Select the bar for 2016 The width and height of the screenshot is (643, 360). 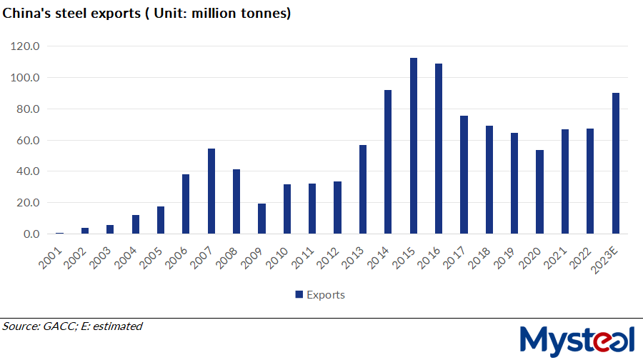coord(439,149)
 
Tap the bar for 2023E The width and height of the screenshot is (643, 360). coord(616,164)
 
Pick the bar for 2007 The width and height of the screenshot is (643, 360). coord(211,191)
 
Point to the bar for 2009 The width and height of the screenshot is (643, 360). coord(261,219)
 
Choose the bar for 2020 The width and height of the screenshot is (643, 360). coord(540,192)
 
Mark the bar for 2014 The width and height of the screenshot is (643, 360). coord(388,162)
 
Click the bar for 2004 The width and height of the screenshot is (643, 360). coord(136,224)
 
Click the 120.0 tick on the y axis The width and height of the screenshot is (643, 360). coord(26,46)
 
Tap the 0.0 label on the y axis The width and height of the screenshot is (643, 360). coord(31,234)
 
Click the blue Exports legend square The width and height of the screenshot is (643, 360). coord(299,294)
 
